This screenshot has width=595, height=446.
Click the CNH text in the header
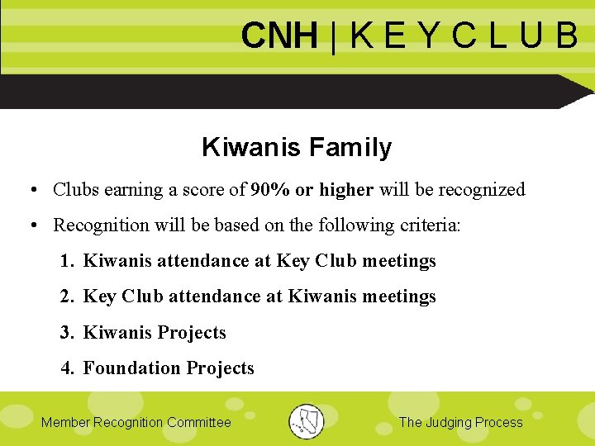click(x=278, y=36)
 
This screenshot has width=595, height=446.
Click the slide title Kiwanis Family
click(x=297, y=148)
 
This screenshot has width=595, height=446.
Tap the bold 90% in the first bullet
click(x=269, y=190)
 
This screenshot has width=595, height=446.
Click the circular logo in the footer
click(x=306, y=421)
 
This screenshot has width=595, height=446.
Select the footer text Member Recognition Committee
click(x=136, y=423)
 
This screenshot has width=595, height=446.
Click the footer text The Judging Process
click(x=460, y=423)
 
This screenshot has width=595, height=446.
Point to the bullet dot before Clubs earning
click(x=31, y=191)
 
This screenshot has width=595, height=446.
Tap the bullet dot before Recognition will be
click(x=31, y=226)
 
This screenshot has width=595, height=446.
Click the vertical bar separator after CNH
click(x=332, y=36)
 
